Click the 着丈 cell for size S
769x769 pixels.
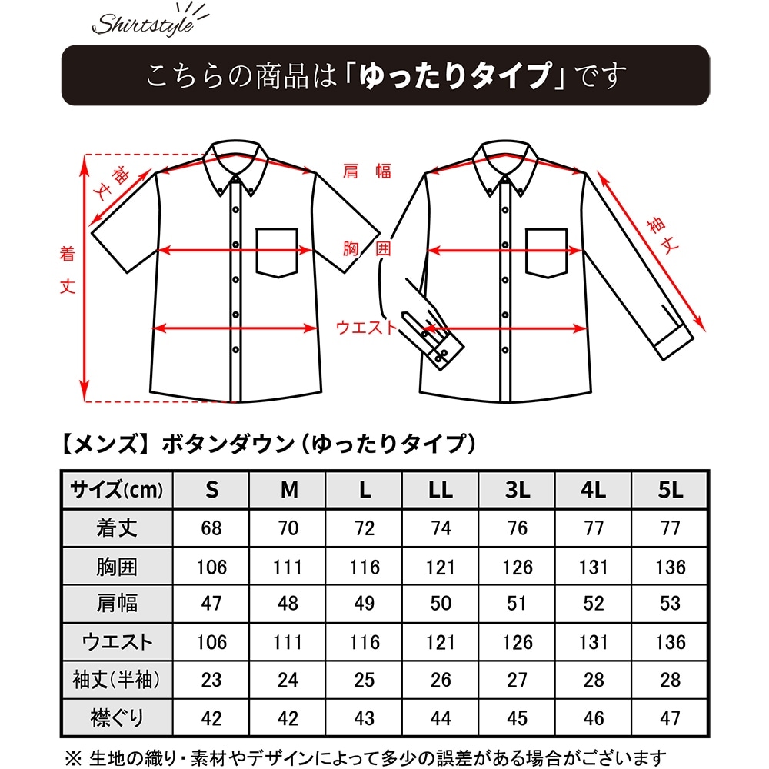[x=211, y=529]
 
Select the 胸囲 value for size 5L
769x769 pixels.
[x=670, y=568]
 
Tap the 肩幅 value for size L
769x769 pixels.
[x=365, y=604]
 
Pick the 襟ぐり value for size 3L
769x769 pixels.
[x=518, y=718]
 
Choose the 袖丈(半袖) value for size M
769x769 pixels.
[x=288, y=681]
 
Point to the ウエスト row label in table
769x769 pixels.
[x=117, y=642]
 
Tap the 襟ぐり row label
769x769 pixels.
[x=117, y=718]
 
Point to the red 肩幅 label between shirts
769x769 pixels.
[x=367, y=171]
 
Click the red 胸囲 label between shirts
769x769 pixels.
[x=367, y=248]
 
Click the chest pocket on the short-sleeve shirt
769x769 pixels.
[x=277, y=252]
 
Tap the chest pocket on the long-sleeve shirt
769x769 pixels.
[x=546, y=252]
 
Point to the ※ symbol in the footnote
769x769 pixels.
[x=72, y=757]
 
